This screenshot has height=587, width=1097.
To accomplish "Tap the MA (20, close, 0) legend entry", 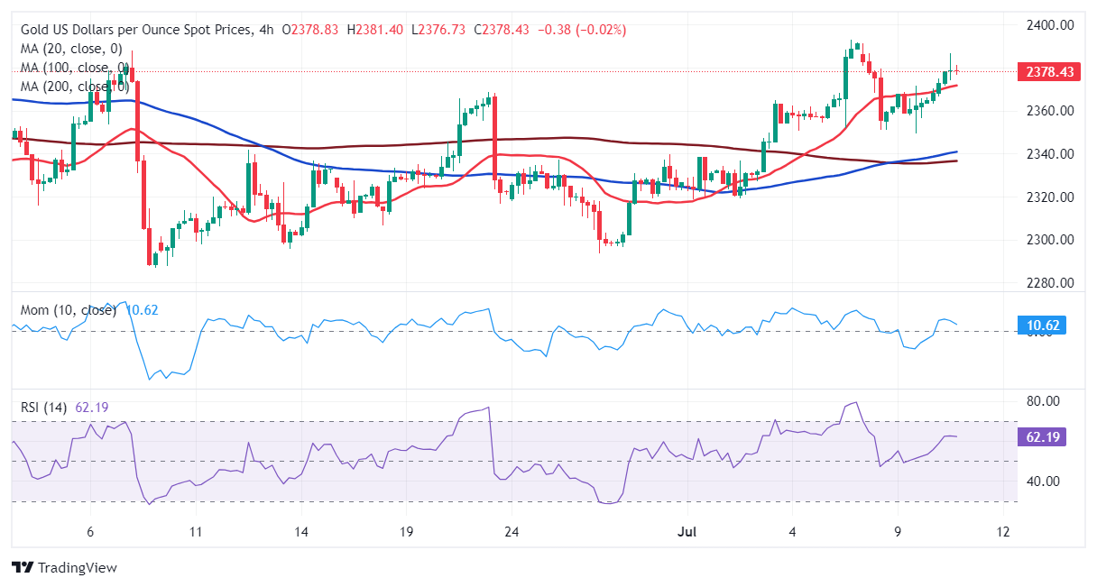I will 71,49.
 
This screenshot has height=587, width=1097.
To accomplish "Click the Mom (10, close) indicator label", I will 69,310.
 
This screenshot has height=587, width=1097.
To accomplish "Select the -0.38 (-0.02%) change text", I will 581,30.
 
